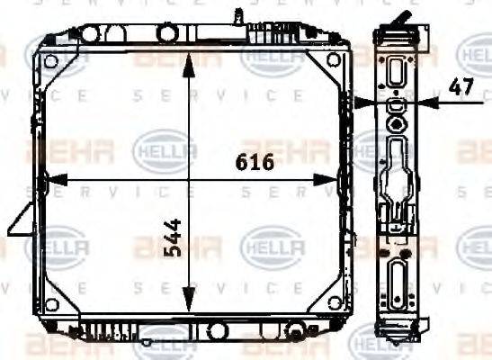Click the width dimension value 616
coord(255,163)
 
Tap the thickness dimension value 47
coord(461,88)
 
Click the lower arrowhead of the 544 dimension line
coord(187,302)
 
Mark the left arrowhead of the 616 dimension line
coord(46,178)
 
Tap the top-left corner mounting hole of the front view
coord(51,61)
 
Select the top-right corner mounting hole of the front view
coord(335,60)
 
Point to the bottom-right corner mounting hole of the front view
coord(335,301)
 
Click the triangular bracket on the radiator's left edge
coord(22,220)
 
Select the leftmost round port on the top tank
coord(89,33)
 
